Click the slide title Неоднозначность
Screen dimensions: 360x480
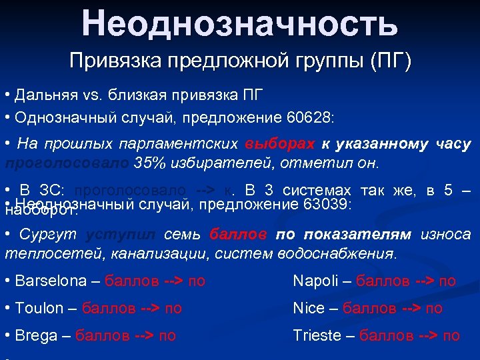coord(240,23)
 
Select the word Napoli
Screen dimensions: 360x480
coord(318,281)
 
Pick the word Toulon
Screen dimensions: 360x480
coord(41,308)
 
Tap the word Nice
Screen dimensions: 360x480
coord(309,308)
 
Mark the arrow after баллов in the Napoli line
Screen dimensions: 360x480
coord(418,281)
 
